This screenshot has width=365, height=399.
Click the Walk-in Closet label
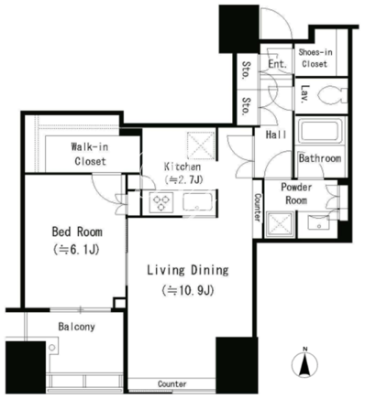[90, 154]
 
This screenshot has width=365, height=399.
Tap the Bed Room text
[77, 232]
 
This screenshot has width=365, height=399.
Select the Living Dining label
[188, 270]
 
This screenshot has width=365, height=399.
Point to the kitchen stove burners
[161, 202]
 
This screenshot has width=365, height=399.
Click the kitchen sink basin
[197, 201]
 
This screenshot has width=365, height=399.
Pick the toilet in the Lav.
[333, 95]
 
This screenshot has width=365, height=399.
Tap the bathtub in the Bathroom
[320, 132]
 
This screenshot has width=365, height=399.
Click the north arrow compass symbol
[304, 363]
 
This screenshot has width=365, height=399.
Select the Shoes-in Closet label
[315, 58]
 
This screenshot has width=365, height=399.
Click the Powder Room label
[296, 194]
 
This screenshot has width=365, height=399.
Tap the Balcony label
[76, 327]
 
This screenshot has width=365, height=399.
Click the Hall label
[276, 135]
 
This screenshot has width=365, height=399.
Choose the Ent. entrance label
[278, 64]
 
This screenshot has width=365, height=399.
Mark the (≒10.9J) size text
[188, 290]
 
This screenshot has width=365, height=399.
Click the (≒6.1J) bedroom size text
[76, 250]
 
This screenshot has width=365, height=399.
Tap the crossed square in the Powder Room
[280, 225]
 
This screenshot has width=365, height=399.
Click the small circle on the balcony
[52, 348]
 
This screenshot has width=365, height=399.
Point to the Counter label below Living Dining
[172, 383]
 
